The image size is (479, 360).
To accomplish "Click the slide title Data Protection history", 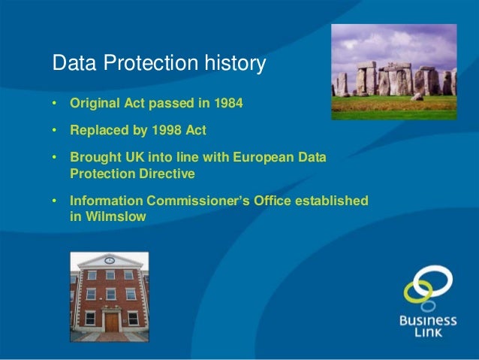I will click(158, 65).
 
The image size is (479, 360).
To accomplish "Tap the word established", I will click(331, 201).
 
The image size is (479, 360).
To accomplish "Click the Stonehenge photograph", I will click(393, 72).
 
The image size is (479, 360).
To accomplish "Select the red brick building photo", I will click(109, 297).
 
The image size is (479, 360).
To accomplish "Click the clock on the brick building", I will click(110, 260).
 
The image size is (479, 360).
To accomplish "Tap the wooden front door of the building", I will click(111, 322).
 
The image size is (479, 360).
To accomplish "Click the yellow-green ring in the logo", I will click(417, 293).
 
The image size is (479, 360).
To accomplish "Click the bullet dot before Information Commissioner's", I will click(55, 201).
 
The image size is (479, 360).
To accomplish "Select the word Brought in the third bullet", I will click(94, 158).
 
